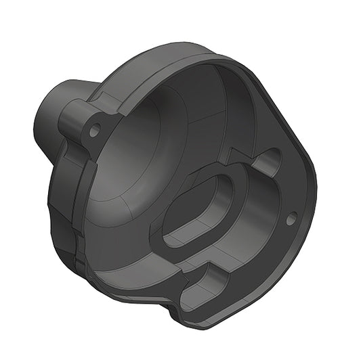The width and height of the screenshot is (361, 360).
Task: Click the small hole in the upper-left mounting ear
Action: pyautogui.click(x=94, y=128)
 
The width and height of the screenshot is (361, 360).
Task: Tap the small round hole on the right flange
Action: pyautogui.click(x=291, y=218)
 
